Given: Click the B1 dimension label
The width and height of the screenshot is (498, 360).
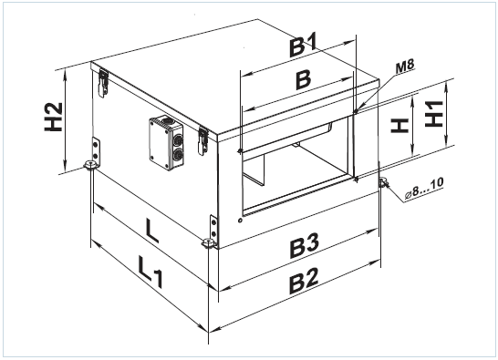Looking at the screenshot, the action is click(304, 46).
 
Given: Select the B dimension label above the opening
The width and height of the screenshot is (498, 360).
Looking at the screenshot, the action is click(304, 79).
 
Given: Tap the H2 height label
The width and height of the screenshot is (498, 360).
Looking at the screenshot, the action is click(53, 117).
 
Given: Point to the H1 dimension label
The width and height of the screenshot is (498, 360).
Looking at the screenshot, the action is click(434, 114).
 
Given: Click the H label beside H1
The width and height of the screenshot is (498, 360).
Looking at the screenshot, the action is click(399, 126).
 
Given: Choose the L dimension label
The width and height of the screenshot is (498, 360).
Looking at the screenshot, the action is click(151, 231).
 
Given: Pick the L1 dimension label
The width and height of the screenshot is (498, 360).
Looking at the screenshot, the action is click(150, 272).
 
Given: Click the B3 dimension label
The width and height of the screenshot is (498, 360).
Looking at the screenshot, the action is click(304, 245).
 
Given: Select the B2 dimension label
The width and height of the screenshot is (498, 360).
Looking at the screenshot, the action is click(304, 281).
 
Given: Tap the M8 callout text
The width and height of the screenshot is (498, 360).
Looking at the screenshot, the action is click(405, 67).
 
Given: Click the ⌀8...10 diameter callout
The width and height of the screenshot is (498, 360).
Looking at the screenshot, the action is click(424, 189).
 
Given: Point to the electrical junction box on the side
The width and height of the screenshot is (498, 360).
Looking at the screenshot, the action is click(166, 143).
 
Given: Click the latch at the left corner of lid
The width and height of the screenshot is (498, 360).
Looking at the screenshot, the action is click(103, 83).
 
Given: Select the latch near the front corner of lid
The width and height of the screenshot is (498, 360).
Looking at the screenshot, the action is click(203, 141).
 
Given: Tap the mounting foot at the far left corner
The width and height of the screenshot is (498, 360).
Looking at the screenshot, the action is click(90, 165).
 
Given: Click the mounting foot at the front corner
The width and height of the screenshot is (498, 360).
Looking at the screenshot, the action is click(208, 243).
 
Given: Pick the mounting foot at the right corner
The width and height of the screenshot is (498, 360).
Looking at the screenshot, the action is click(382, 183).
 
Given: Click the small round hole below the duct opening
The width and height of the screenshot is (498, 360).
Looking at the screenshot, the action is click(240, 220).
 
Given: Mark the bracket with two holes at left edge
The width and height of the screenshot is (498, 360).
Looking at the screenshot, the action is click(96, 151).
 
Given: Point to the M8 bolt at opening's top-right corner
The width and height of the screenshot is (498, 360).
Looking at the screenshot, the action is click(356, 111).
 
